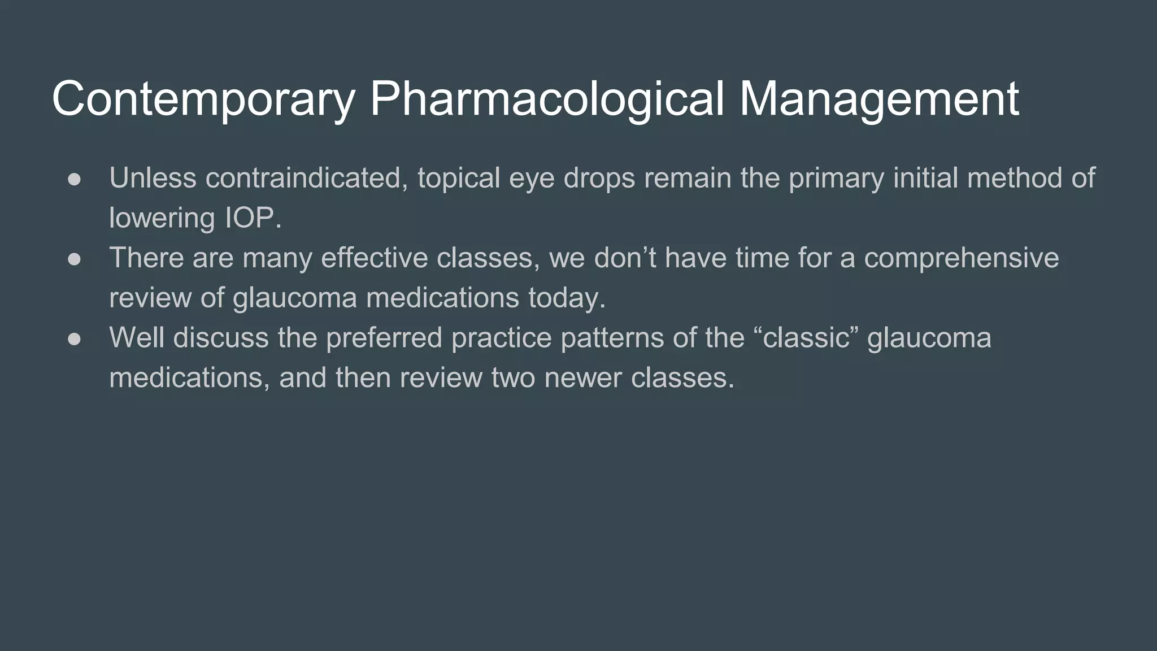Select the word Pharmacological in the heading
(x=546, y=99)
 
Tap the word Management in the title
(x=878, y=99)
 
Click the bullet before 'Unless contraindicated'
(x=75, y=179)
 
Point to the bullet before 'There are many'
(x=75, y=259)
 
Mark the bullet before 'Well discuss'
(x=75, y=338)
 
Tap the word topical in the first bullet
(x=459, y=179)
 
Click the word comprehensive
(x=961, y=259)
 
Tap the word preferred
(x=384, y=338)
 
